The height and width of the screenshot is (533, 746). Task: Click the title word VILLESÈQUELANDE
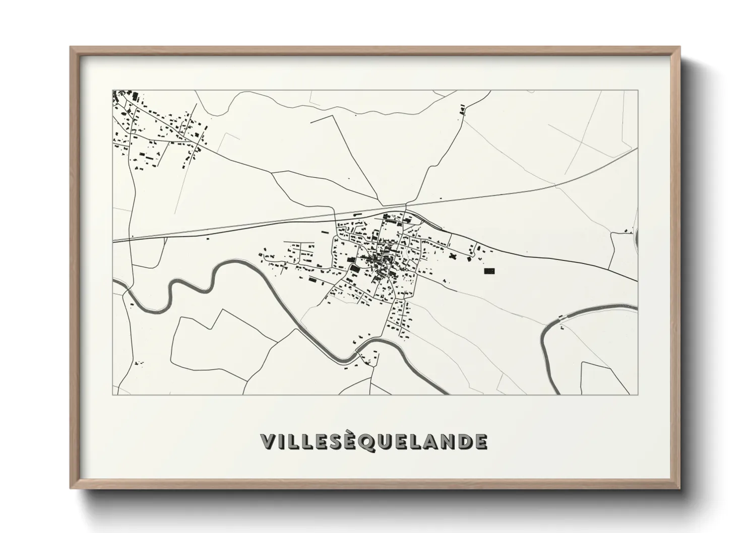click(374, 441)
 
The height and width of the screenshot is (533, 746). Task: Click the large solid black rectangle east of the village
click(489, 271)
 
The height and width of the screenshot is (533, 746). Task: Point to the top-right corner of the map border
click(638, 91)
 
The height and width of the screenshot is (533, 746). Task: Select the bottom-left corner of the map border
click(113, 394)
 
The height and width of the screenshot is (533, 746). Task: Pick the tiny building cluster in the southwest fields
click(139, 362)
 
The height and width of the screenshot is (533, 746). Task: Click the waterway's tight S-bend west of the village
click(171, 292)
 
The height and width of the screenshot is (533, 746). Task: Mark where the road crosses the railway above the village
click(406, 207)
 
